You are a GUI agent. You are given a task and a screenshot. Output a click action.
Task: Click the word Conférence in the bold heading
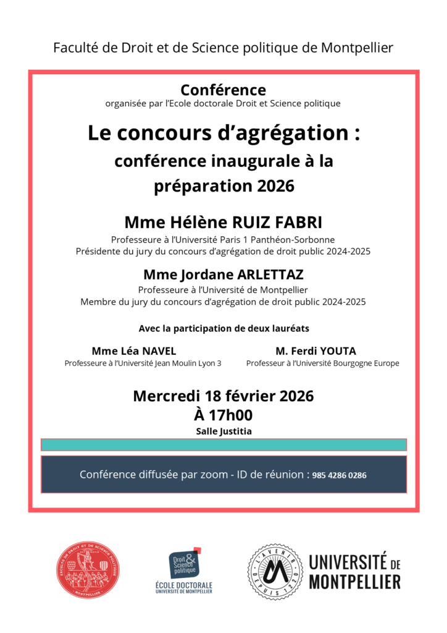click(x=223, y=90)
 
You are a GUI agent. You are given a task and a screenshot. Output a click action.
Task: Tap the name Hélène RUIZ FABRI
click(x=241, y=223)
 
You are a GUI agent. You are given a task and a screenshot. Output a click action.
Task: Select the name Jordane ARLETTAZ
click(x=243, y=274)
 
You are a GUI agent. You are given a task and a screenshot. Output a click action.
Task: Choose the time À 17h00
click(x=223, y=415)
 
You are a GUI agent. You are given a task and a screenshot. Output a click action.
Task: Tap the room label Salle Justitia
click(x=223, y=431)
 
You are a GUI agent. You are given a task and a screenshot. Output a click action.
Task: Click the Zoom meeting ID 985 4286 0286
click(x=340, y=475)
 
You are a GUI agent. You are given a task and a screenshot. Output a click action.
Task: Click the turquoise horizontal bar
click(x=223, y=444)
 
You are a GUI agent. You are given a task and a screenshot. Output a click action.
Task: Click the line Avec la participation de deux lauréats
click(x=223, y=328)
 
